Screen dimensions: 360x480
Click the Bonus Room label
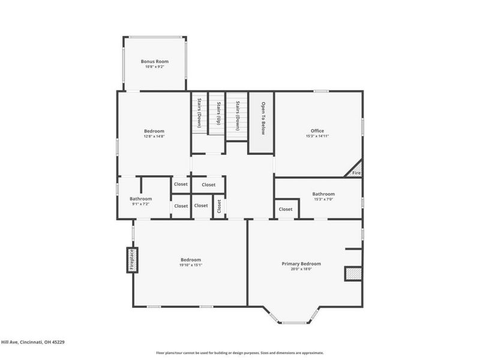click(x=155, y=61)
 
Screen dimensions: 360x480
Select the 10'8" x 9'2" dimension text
click(x=155, y=67)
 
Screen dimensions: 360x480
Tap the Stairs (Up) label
click(x=218, y=113)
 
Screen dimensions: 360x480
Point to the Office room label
click(x=317, y=131)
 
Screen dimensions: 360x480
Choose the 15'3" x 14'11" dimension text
click(x=317, y=136)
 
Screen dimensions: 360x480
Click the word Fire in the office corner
click(x=356, y=173)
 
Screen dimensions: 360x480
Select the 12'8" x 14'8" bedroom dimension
click(x=154, y=136)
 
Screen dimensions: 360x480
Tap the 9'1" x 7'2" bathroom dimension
click(x=141, y=204)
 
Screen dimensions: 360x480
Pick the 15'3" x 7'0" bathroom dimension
click(x=323, y=199)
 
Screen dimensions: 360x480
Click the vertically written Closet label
click(x=219, y=206)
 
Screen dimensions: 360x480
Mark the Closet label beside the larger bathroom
click(x=286, y=209)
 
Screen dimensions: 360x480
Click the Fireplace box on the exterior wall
click(x=131, y=260)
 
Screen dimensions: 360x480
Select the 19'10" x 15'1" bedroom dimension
click(x=190, y=265)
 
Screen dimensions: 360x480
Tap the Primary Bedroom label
click(x=301, y=263)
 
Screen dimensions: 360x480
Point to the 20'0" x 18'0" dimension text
click(x=301, y=269)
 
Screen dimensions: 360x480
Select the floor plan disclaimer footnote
click(x=240, y=353)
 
